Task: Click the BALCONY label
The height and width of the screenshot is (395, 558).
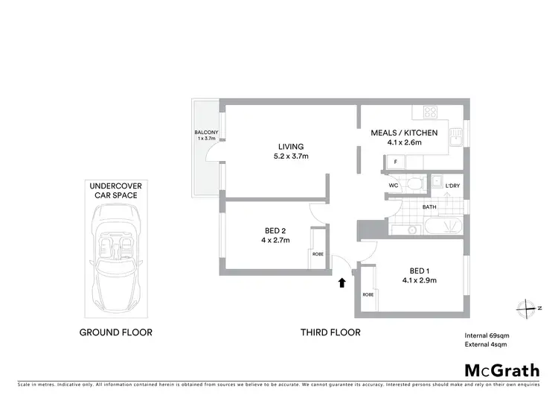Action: coord(205,135)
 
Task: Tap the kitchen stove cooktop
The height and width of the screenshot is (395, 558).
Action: coord(430,113)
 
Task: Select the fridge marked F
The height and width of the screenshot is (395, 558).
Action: coord(395,162)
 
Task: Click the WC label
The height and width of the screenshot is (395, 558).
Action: coord(395,186)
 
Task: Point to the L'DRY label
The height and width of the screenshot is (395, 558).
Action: coord(453,186)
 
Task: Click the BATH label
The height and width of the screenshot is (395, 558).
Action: coord(429,207)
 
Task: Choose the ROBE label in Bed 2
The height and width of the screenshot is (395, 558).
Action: coord(318,254)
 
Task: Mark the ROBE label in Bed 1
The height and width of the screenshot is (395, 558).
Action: coord(367,295)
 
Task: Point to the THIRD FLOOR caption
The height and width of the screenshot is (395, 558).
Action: coord(330,332)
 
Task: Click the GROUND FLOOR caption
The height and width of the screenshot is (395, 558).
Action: coord(116,332)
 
